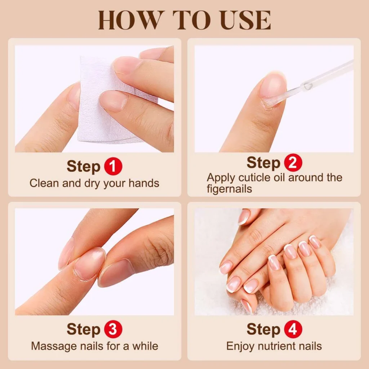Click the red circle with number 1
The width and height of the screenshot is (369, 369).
(113, 167)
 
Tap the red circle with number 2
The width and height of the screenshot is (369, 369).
(293, 163)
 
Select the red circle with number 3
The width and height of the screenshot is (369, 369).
(113, 330)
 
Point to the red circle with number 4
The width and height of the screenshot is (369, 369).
(293, 330)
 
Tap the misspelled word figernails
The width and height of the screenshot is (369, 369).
(230, 188)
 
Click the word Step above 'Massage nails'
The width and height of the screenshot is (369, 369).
(83, 330)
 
